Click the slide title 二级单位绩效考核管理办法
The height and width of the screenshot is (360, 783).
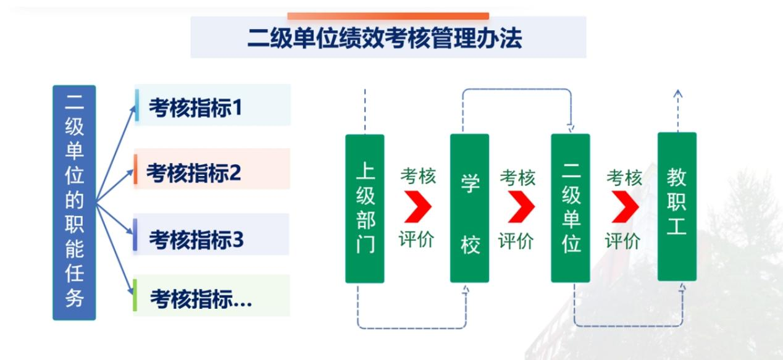(385, 38)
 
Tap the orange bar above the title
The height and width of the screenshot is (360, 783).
(388, 16)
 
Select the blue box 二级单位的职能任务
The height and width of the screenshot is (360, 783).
(74, 203)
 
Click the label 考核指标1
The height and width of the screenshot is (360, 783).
(195, 107)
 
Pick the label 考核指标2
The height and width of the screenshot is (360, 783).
(194, 173)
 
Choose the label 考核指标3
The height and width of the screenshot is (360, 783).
(196, 239)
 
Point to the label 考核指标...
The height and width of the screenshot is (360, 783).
(201, 299)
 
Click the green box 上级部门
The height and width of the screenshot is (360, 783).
(364, 209)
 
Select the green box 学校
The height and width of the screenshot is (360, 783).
(469, 208)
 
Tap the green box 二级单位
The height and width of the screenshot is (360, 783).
(571, 208)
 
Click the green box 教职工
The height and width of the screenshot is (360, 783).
(677, 207)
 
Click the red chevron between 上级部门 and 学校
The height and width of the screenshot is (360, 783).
(418, 207)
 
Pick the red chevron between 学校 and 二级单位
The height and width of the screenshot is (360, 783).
(521, 207)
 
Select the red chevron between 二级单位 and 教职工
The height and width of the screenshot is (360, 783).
(626, 207)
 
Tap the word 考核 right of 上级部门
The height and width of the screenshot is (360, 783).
(418, 176)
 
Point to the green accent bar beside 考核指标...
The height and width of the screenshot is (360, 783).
(135, 295)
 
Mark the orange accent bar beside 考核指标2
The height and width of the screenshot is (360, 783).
(135, 169)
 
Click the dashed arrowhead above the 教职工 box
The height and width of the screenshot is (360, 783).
(678, 94)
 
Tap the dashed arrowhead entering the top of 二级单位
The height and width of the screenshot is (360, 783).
(571, 128)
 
